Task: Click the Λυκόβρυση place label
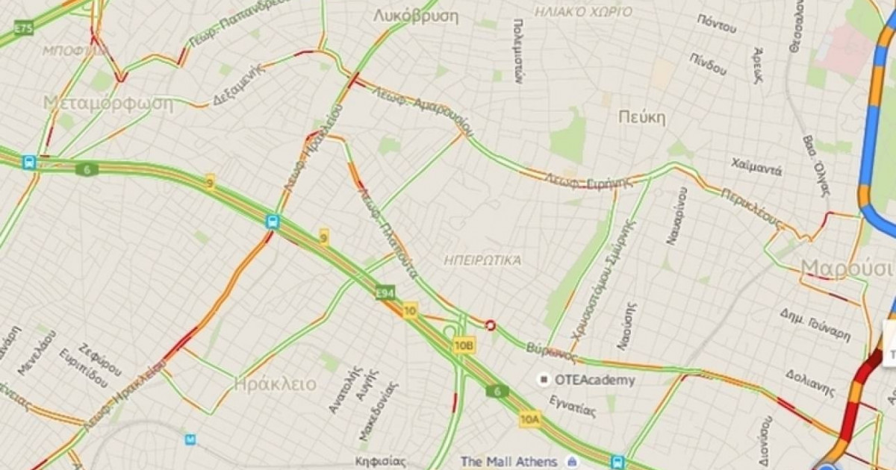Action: [415, 16]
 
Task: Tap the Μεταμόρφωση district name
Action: [108, 103]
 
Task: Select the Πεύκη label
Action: [641, 117]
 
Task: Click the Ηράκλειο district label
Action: [275, 384]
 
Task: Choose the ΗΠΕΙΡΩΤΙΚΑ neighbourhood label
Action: [482, 260]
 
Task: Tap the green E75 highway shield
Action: [23, 29]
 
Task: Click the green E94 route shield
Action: [385, 293]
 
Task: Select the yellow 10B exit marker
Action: [463, 345]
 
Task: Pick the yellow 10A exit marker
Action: [529, 419]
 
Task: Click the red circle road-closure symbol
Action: [491, 325]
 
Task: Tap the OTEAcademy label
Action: [594, 380]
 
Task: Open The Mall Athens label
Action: [508, 461]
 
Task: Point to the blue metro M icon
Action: [190, 439]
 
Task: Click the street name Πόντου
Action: [716, 23]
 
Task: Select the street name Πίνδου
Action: [708, 64]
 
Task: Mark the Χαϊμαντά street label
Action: [756, 166]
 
